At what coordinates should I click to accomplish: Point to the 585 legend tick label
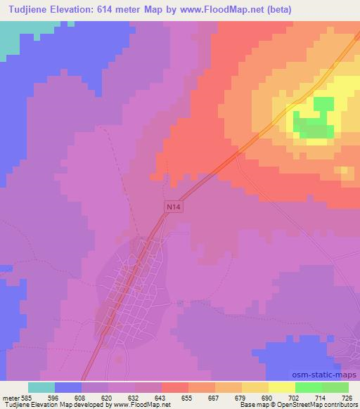click(29, 397)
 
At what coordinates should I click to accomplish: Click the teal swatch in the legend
click(41, 387)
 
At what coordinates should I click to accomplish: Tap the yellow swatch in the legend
click(281, 387)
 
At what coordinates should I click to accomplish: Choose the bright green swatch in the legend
click(308, 387)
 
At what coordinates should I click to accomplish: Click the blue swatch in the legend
click(68, 387)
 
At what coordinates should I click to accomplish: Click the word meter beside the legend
click(11, 397)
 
